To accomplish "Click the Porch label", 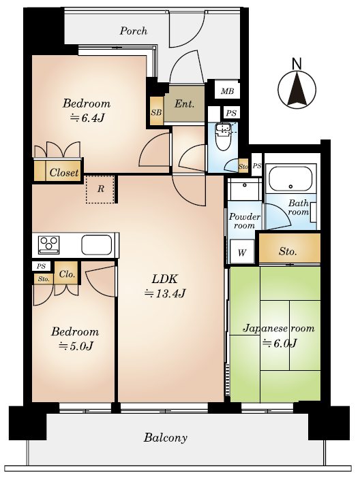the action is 133,31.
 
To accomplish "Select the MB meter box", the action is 227,91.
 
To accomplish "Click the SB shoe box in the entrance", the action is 157,112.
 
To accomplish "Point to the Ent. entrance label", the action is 184,104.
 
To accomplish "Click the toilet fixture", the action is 223,137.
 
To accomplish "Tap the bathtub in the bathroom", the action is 290,178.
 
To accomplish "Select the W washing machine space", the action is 242,251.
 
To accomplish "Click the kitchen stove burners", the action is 49,244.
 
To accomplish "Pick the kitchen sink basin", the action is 96,245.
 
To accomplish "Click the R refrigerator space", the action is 101,189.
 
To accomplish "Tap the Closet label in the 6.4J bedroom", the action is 64,172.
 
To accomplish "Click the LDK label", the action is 164,279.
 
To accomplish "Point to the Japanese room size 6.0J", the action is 280,343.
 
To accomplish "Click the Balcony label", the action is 165,438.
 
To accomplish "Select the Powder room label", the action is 245,221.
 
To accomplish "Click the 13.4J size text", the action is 165,293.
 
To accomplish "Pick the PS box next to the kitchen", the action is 42,266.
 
